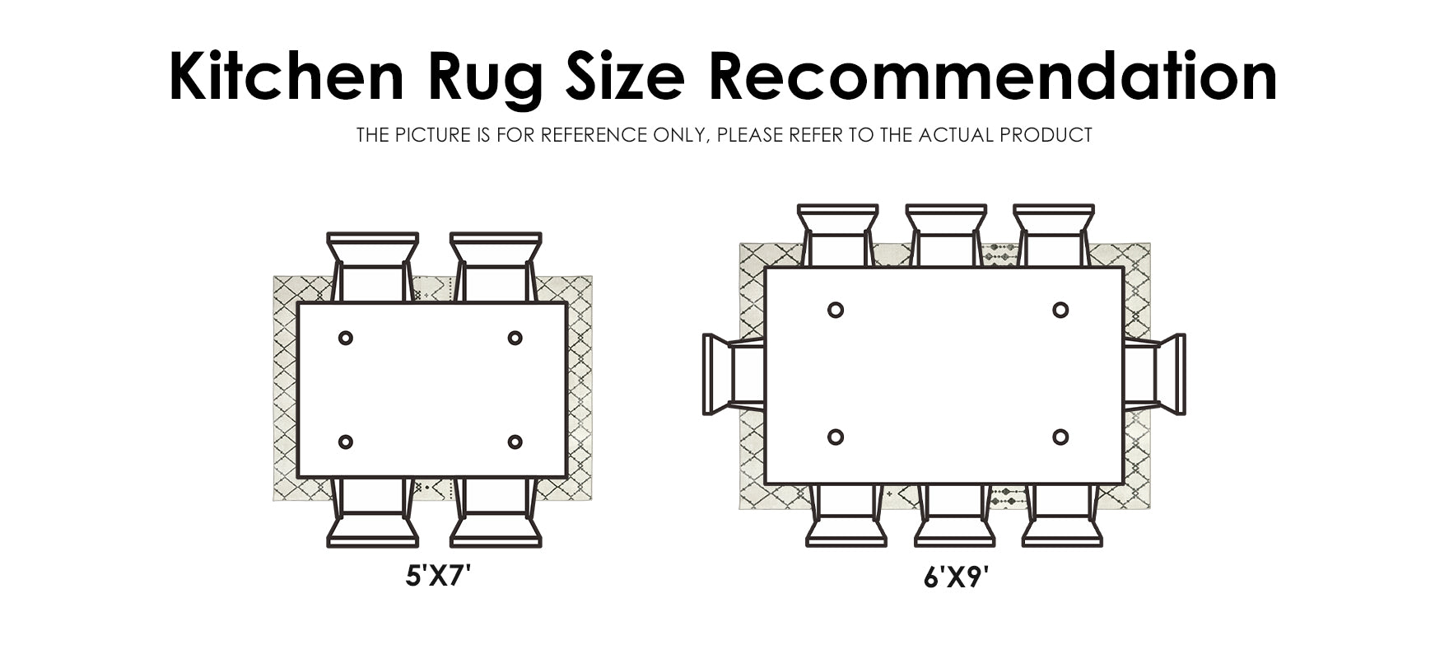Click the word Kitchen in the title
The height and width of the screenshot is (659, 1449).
(287, 76)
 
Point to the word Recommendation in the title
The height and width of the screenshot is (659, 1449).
(993, 76)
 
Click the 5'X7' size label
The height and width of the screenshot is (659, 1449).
(438, 575)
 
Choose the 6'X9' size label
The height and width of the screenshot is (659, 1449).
(956, 577)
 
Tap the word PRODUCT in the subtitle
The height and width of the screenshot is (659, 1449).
(1046, 135)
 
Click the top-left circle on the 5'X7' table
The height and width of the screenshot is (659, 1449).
(346, 338)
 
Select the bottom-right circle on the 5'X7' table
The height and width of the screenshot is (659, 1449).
(515, 442)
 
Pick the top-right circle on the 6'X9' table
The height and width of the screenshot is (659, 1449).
(1060, 310)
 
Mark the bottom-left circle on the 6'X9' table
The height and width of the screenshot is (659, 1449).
(836, 437)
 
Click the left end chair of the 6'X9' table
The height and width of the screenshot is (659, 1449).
(734, 374)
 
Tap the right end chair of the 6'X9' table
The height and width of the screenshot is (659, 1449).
(1154, 374)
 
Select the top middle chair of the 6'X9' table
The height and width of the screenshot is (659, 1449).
(946, 236)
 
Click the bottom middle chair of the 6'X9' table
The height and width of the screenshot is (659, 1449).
(955, 515)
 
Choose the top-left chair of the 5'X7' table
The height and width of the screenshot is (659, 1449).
(373, 268)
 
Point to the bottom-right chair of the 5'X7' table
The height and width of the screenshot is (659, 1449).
(496, 512)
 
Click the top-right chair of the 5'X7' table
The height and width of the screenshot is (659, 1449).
(496, 268)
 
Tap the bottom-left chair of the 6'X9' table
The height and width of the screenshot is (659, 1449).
(846, 515)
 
